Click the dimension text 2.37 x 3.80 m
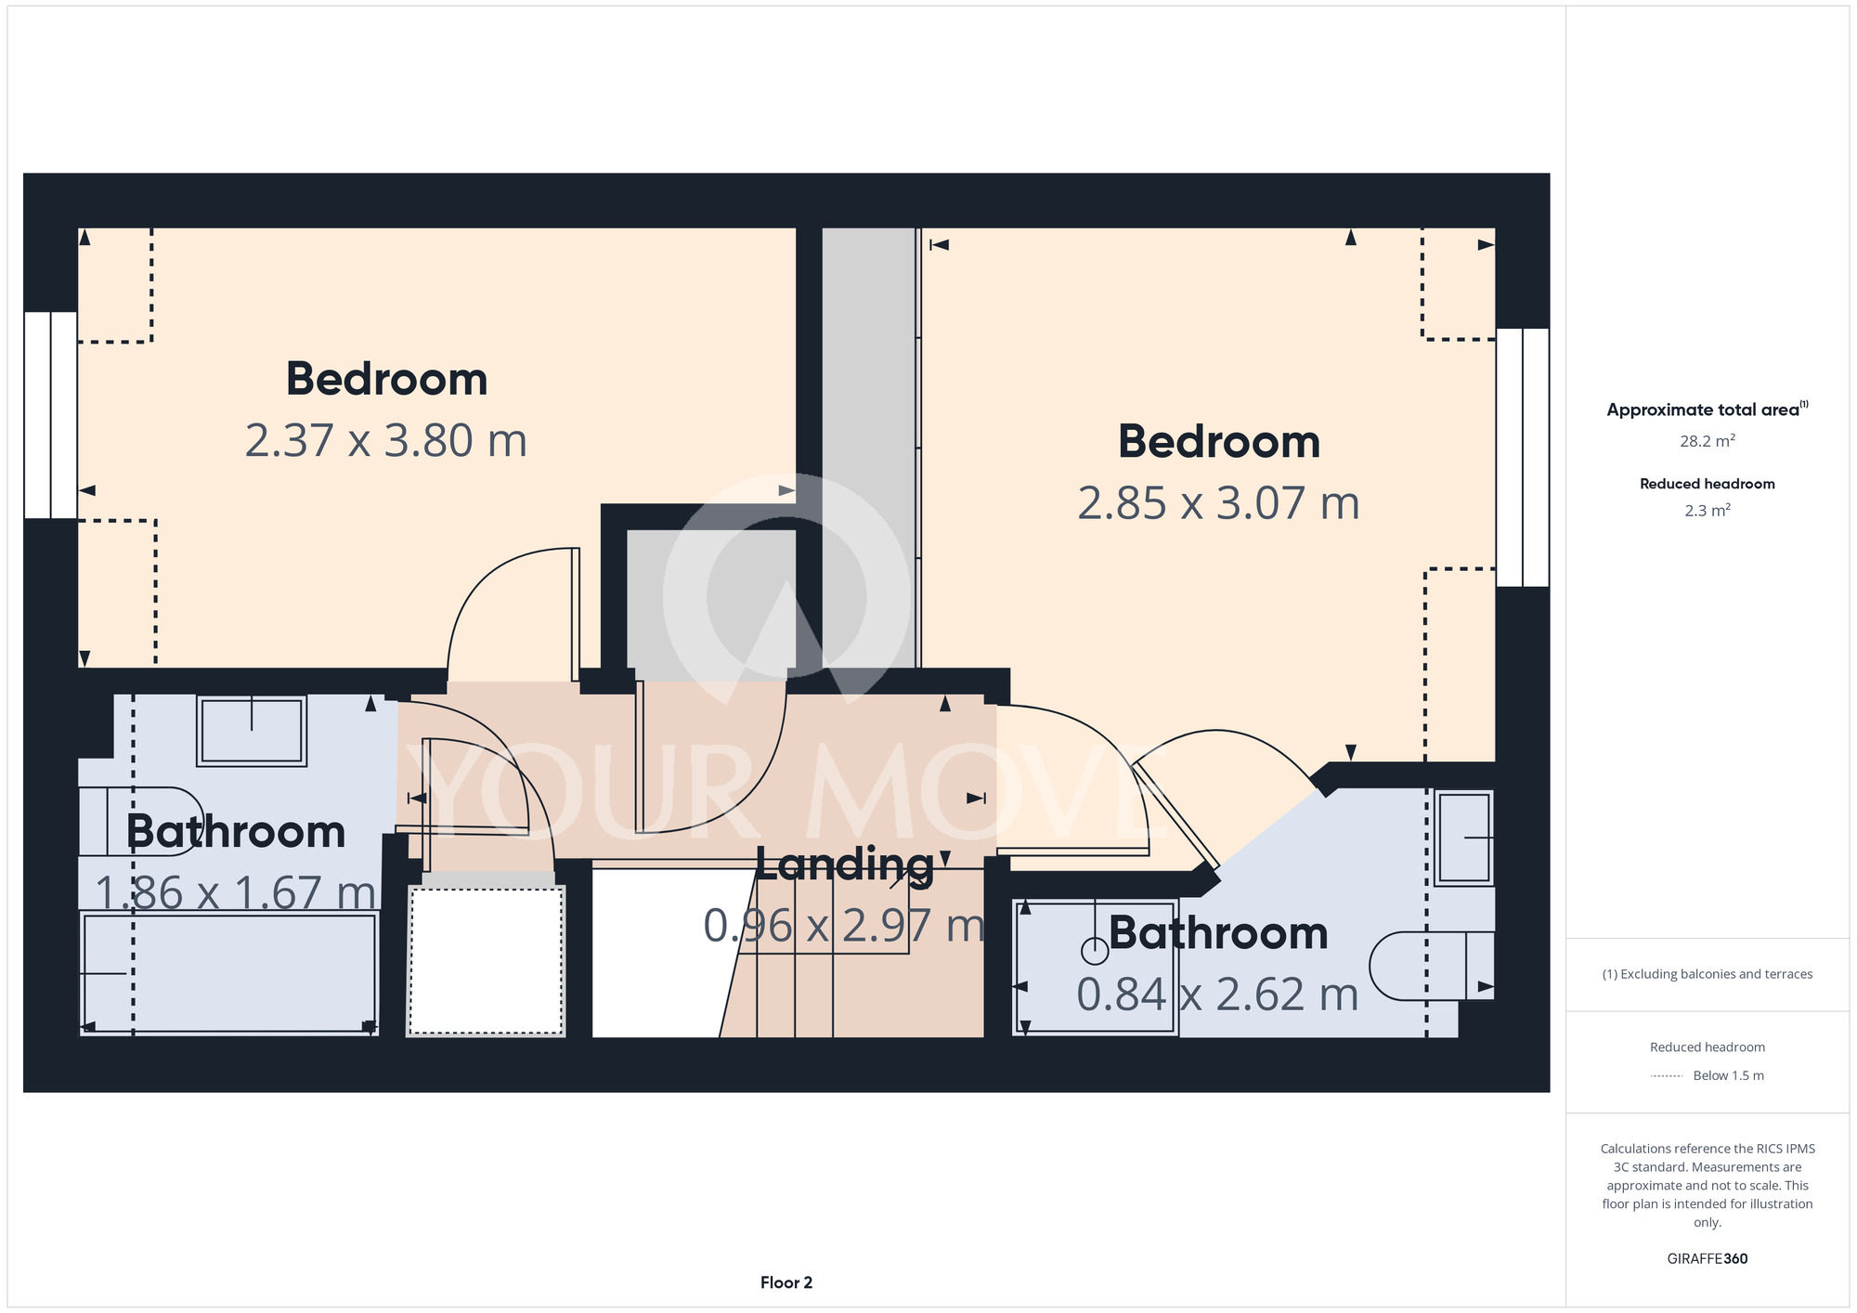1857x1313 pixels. click(386, 440)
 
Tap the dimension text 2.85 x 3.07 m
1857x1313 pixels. click(1218, 503)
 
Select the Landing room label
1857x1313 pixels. click(844, 864)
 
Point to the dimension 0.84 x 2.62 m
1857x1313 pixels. click(1217, 994)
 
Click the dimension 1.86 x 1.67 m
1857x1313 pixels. click(236, 893)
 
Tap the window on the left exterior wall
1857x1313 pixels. click(50, 415)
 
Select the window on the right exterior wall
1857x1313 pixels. click(1523, 457)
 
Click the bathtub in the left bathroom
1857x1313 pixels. click(228, 973)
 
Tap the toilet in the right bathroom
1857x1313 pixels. click(1431, 966)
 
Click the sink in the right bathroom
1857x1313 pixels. click(1464, 838)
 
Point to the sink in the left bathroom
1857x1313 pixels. click(252, 731)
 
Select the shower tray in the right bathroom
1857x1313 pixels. click(1096, 968)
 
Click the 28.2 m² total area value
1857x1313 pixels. click(1708, 441)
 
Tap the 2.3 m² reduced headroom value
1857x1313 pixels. click(1708, 510)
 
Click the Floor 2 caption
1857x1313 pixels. click(786, 1282)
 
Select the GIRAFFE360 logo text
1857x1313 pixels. click(1708, 1259)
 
